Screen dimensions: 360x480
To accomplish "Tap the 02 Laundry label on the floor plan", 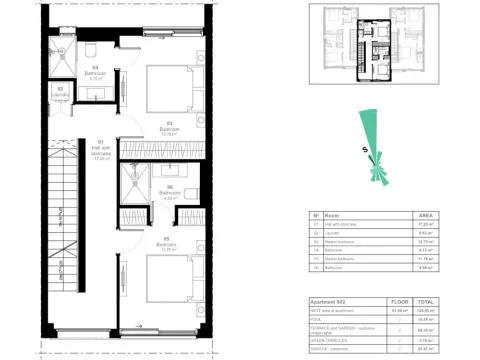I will point(61,91).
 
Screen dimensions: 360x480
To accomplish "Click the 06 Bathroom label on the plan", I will point(169,193).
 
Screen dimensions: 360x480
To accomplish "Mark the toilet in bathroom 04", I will point(87,49).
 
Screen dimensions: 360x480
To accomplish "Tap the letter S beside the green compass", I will point(366,150).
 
